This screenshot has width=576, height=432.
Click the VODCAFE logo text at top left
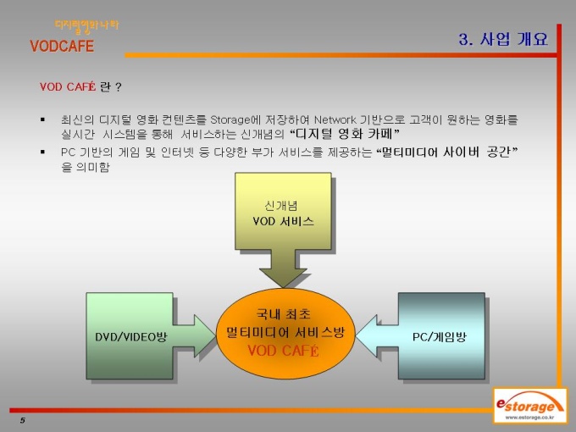[62, 47]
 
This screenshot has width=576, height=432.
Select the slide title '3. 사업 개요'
[503, 39]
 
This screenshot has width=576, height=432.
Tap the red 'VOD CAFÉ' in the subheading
[68, 86]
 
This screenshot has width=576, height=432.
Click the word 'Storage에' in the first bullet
[235, 119]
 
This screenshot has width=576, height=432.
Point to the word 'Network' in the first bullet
[335, 119]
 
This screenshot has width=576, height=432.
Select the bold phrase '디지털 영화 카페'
[344, 134]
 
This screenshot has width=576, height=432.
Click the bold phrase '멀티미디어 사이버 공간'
[446, 152]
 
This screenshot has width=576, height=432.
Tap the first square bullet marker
[43, 119]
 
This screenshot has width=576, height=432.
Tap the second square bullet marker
[43, 152]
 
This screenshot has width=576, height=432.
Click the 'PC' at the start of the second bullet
[69, 152]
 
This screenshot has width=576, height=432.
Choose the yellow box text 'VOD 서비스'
[283, 221]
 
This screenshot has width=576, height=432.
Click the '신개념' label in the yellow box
[281, 206]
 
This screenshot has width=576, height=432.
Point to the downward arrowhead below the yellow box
[283, 277]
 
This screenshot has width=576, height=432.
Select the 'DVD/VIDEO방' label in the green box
[131, 337]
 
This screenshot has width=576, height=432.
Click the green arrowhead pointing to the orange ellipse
[205, 335]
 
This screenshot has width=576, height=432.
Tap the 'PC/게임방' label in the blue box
[440, 337]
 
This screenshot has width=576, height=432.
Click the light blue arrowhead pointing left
[367, 335]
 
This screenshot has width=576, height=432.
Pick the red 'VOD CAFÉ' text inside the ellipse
[283, 351]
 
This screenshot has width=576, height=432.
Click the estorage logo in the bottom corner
[529, 406]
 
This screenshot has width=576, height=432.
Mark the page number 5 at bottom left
[23, 420]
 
